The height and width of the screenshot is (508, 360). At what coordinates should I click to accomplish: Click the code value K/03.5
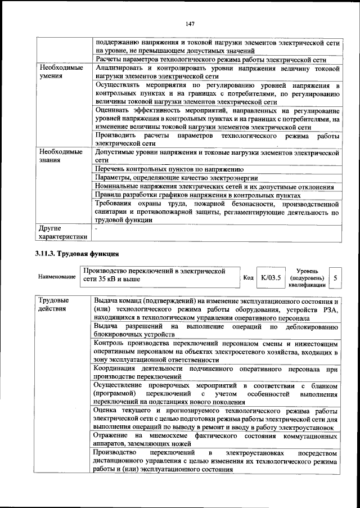tap(271, 277)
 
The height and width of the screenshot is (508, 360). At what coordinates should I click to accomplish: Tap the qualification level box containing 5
tap(335, 277)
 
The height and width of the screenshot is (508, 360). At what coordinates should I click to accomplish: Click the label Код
tap(248, 277)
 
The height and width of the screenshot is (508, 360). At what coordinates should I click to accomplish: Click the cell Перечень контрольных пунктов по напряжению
tap(169, 168)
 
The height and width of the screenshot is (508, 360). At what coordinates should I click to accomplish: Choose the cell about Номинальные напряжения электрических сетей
tap(214, 186)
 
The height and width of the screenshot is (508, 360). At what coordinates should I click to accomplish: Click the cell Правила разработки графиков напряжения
tap(197, 195)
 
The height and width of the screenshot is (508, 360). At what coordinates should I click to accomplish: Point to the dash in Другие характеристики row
tap(96, 228)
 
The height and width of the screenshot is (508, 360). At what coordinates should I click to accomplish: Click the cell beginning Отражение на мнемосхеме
tap(216, 440)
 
